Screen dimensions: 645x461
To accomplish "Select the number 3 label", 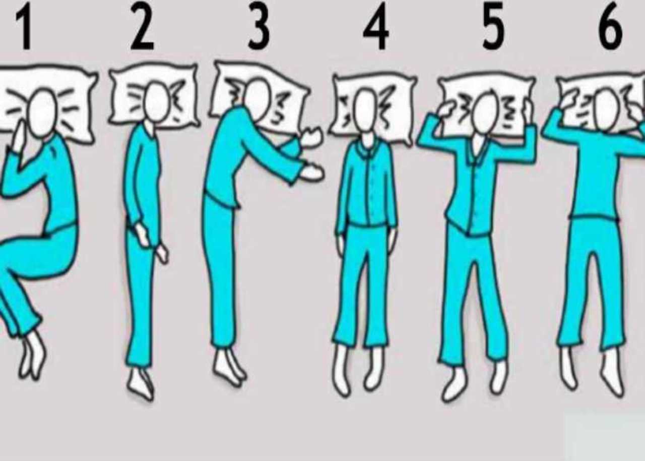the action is [259, 27].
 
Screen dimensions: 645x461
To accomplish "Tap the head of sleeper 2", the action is [156, 101].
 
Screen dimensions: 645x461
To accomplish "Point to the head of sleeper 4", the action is [366, 111].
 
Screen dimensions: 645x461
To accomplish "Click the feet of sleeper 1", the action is [32, 356].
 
